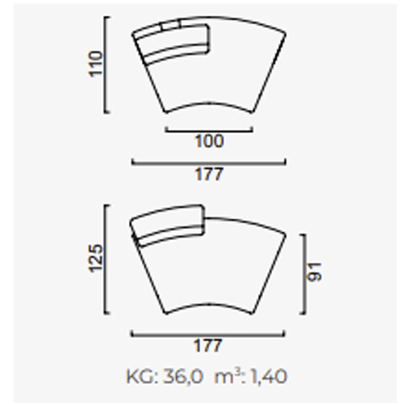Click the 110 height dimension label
tap(95, 64)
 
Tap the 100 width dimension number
tap(209, 141)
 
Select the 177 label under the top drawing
tap(209, 174)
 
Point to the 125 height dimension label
tap(96, 258)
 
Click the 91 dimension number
tap(314, 272)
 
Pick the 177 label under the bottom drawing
tap(208, 346)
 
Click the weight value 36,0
tap(183, 376)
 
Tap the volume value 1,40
tap(268, 376)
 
